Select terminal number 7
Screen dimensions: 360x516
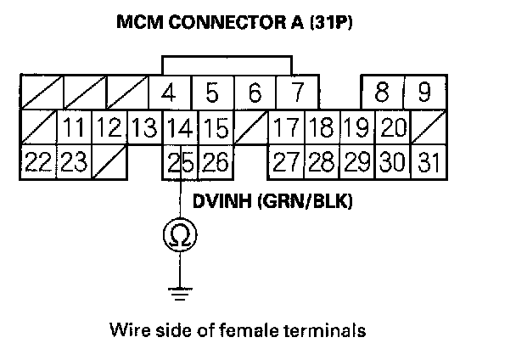[x=295, y=92]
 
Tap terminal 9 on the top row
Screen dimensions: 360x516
[x=425, y=92]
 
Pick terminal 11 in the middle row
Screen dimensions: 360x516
[x=75, y=129]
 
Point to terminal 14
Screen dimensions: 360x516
[x=179, y=129]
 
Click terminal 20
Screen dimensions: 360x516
[x=392, y=129]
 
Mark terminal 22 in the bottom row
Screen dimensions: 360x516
[x=36, y=161]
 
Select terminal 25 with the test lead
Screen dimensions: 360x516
[x=180, y=161]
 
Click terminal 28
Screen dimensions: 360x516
[x=322, y=161]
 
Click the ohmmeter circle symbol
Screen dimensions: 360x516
[x=180, y=233]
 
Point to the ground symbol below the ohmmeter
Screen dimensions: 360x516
[x=180, y=293]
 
